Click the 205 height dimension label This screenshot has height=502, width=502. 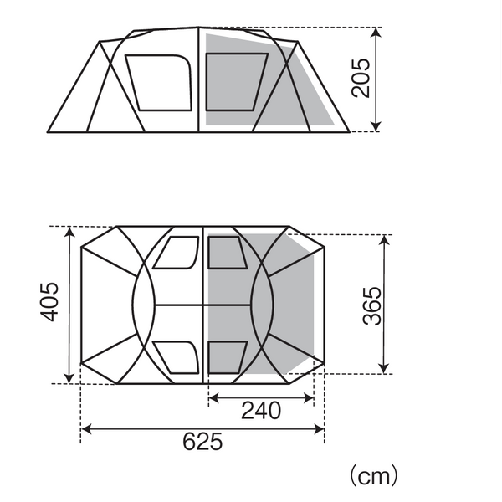(361, 78)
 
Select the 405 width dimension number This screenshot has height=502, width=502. (49, 301)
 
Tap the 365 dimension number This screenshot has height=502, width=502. (372, 306)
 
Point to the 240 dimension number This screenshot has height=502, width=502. (261, 411)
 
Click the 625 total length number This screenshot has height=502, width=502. (202, 442)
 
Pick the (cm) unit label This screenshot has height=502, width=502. (374, 476)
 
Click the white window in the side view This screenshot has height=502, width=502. (158, 83)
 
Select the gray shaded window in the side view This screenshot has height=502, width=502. (237, 82)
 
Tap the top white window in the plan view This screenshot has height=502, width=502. (177, 253)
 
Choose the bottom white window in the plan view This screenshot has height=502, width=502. (177, 357)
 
